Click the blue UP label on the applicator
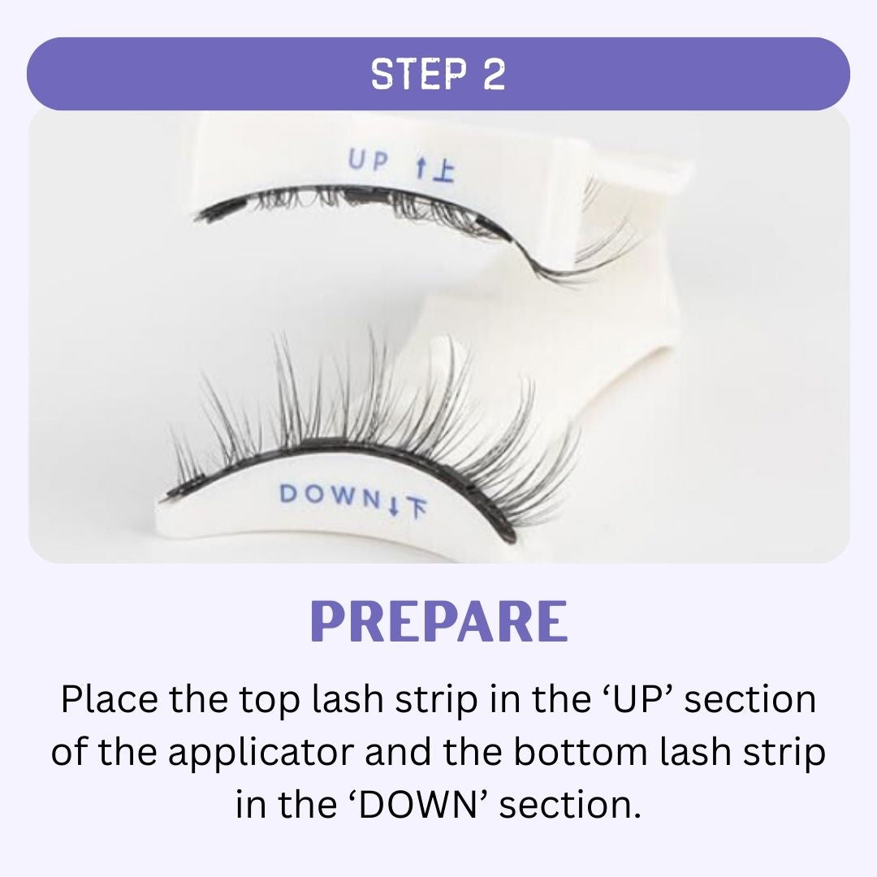[368, 161]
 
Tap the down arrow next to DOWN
[393, 506]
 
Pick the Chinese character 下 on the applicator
[415, 508]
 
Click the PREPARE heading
[439, 621]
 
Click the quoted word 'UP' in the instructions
[634, 698]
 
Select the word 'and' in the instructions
[398, 751]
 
